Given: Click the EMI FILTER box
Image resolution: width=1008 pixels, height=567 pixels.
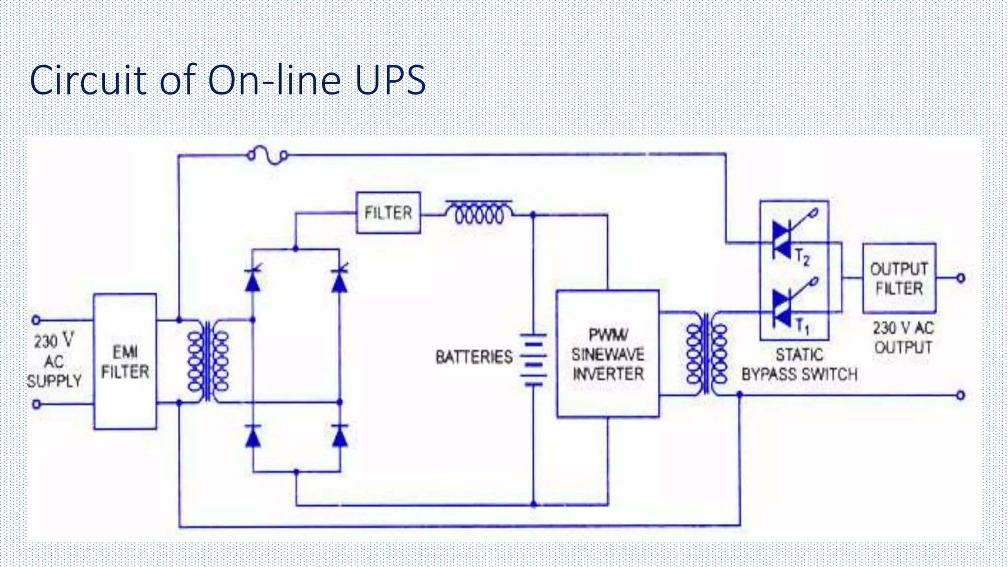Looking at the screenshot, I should pos(125,362).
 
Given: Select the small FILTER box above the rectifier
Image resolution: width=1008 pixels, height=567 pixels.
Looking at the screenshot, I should pos(388,213).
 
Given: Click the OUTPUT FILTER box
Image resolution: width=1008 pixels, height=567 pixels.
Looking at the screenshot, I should pos(899,279).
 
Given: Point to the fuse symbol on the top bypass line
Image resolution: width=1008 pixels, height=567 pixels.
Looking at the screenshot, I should pos(267,156).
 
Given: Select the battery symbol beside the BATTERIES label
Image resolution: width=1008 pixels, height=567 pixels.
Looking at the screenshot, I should pos(534,360).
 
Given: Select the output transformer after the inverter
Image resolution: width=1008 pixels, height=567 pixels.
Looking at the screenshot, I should pos(707,353).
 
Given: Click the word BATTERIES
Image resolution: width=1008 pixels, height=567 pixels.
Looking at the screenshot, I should pos(473,357).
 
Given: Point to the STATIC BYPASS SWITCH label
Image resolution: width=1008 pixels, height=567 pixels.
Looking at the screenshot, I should pos(799,365).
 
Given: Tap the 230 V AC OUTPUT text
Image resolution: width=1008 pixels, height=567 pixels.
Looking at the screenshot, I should pos(903,338).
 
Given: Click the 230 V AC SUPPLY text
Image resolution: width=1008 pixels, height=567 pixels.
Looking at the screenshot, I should pos(54,361).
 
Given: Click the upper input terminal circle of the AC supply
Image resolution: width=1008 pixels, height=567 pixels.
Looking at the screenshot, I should pos(36,320).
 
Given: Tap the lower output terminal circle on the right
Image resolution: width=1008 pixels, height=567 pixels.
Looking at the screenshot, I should pos(960,395).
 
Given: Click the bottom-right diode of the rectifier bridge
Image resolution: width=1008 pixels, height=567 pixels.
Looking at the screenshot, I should pos(340,436).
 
